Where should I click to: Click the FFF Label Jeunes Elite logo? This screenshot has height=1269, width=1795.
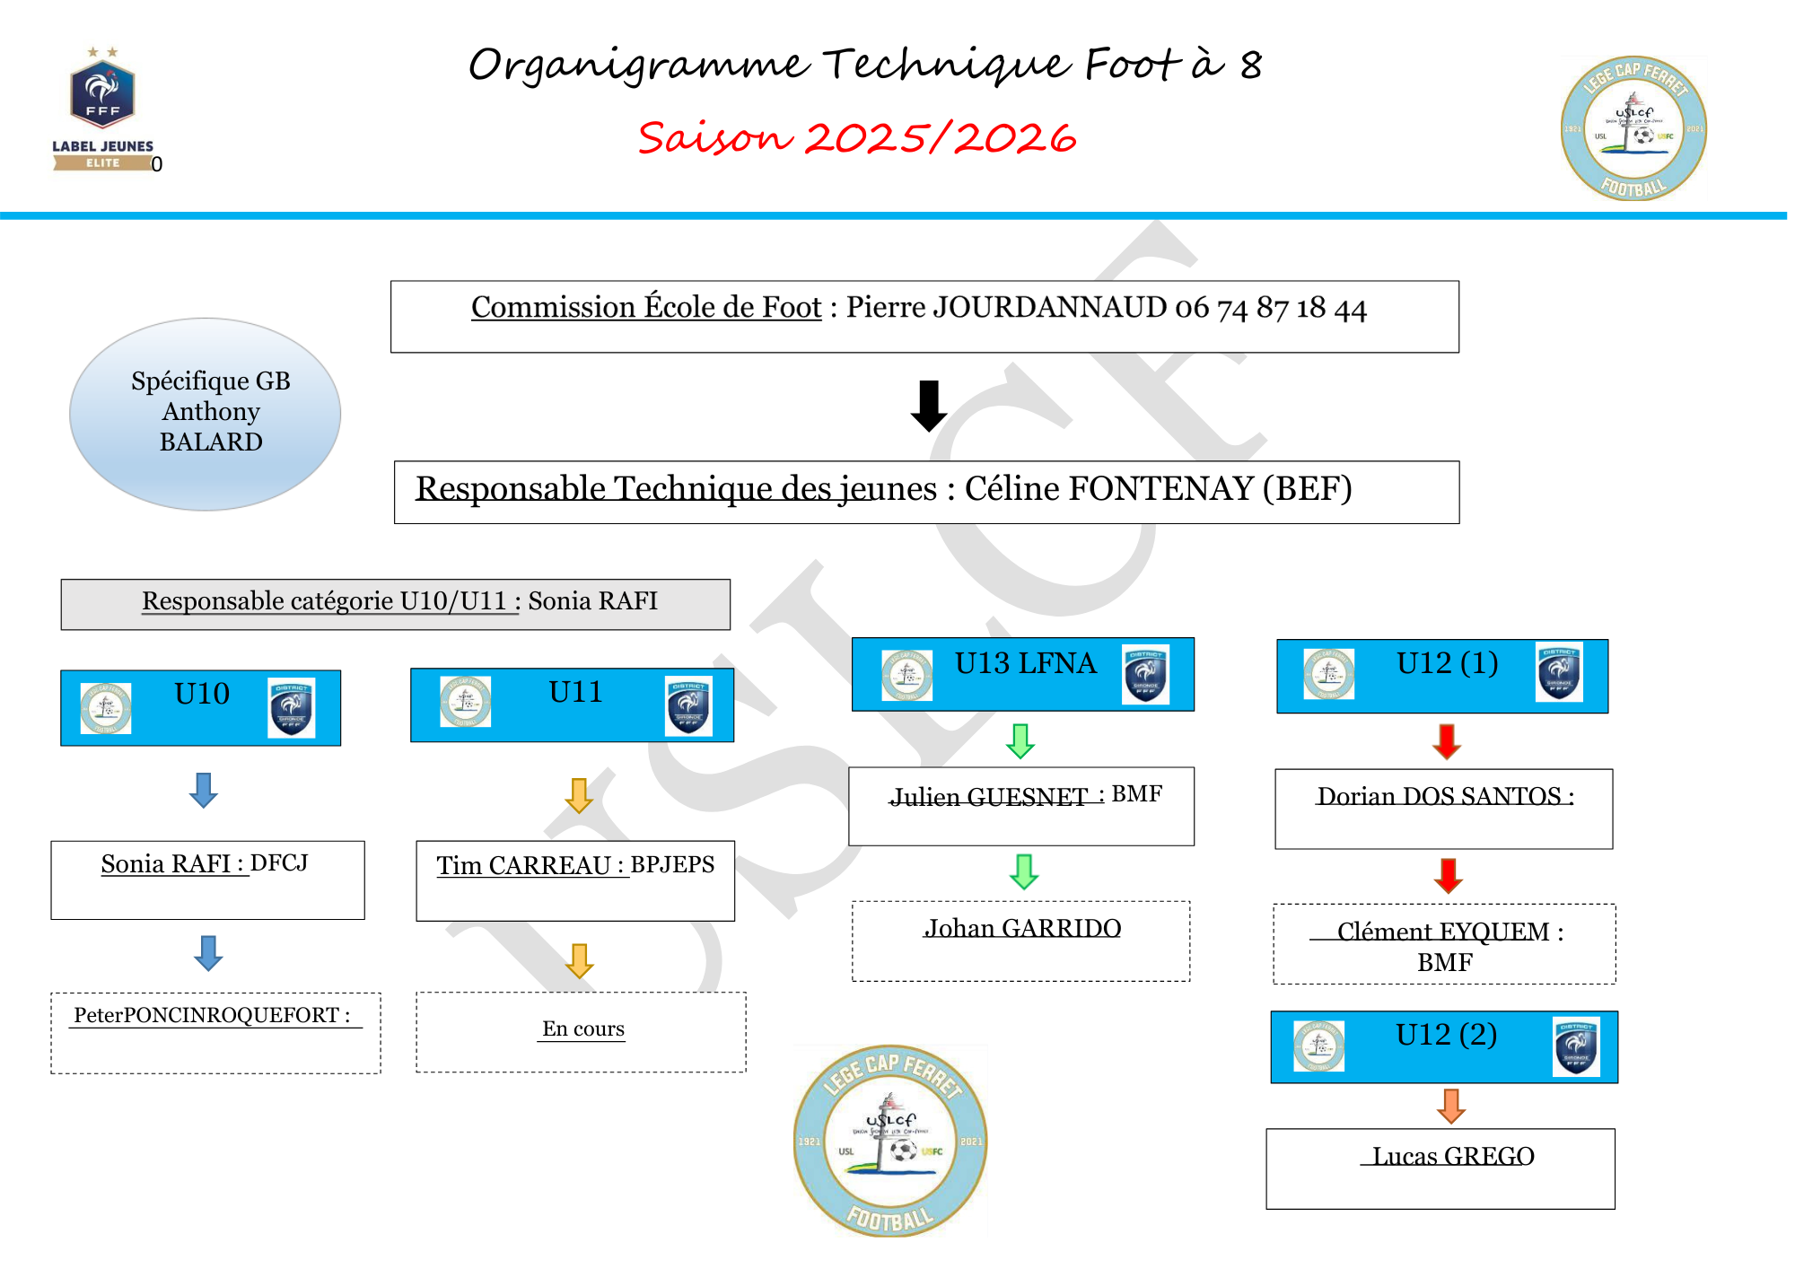(x=102, y=109)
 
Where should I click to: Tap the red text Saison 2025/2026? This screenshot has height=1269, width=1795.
(x=856, y=138)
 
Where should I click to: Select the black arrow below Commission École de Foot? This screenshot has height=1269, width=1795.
(x=928, y=406)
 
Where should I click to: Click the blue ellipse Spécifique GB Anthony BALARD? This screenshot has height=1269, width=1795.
(x=206, y=414)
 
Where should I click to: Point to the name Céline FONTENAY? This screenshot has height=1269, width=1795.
(x=1108, y=489)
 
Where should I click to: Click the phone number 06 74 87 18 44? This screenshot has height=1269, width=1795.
(x=1270, y=308)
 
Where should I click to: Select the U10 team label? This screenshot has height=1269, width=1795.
(x=202, y=694)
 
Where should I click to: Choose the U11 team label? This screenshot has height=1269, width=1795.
(x=575, y=692)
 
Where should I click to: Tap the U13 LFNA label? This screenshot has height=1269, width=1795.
(x=1025, y=663)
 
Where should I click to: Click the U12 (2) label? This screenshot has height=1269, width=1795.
(x=1446, y=1035)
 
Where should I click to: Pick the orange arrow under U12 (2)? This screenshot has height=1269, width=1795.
(x=1450, y=1106)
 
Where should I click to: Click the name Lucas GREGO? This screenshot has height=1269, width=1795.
(x=1453, y=1156)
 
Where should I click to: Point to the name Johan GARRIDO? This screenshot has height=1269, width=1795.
(x=1022, y=928)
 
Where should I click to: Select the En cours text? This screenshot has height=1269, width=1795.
(x=582, y=1028)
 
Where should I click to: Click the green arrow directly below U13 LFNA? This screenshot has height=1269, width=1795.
(x=1020, y=740)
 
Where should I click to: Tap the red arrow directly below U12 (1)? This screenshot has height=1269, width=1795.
(x=1447, y=741)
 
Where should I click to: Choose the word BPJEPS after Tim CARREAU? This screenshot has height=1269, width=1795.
(x=672, y=864)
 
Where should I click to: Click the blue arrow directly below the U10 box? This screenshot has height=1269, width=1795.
(x=204, y=790)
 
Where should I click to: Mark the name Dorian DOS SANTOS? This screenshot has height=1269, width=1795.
(x=1439, y=796)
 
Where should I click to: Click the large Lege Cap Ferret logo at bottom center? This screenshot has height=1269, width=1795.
(x=890, y=1141)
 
